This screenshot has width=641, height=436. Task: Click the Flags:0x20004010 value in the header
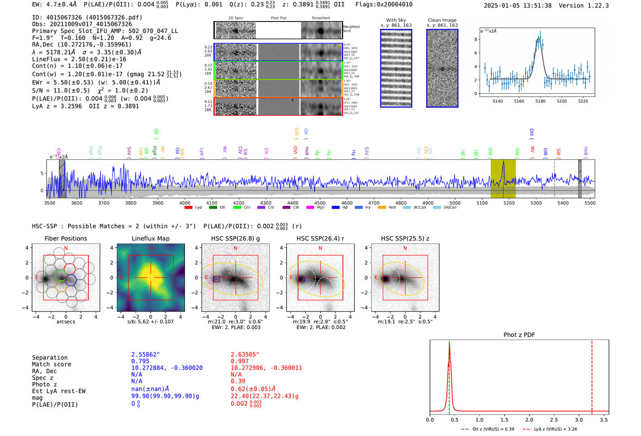[384, 5]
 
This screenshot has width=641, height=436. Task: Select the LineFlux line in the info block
[79, 59]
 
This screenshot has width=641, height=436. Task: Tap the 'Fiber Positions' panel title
[65, 238]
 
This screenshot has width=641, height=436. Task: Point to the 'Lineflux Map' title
[151, 238]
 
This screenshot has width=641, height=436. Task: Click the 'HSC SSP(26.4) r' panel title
[320, 238]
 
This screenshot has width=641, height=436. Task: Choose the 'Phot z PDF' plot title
[519, 335]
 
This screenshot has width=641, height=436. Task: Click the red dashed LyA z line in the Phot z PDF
[592, 375]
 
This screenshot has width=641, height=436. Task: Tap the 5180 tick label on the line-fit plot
[540, 101]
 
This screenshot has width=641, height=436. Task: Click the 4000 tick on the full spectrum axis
[185, 203]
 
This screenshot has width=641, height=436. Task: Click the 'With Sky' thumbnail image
[396, 68]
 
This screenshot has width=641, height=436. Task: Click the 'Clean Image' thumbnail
[442, 68]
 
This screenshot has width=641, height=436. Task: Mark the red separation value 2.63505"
[245, 355]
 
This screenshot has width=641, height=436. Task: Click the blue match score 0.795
[140, 361]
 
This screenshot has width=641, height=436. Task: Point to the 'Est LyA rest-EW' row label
[59, 391]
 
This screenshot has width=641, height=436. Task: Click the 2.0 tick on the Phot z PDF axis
[529, 420]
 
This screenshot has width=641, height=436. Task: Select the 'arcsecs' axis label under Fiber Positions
[65, 322]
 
